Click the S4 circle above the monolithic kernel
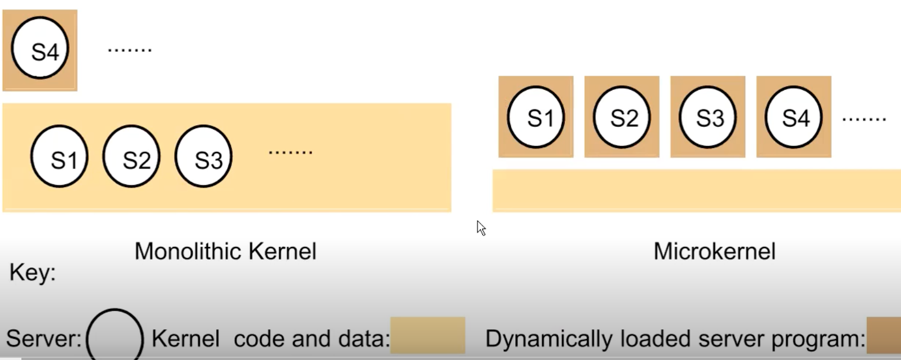point(40,49)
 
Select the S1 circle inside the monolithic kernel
point(59,157)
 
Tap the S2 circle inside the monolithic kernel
point(132,157)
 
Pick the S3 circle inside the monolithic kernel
point(204,157)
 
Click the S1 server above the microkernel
point(536,117)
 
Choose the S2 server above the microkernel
point(622,117)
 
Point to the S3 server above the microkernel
point(708,117)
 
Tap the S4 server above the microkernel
point(793,117)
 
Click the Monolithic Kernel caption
point(226,252)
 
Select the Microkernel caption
point(714,252)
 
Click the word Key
point(32,272)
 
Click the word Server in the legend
point(43,339)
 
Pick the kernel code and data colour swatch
point(427,335)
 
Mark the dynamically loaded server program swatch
point(883,335)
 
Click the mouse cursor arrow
point(481,227)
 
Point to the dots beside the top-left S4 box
point(129,50)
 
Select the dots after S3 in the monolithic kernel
point(290,151)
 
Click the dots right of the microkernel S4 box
point(864,119)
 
